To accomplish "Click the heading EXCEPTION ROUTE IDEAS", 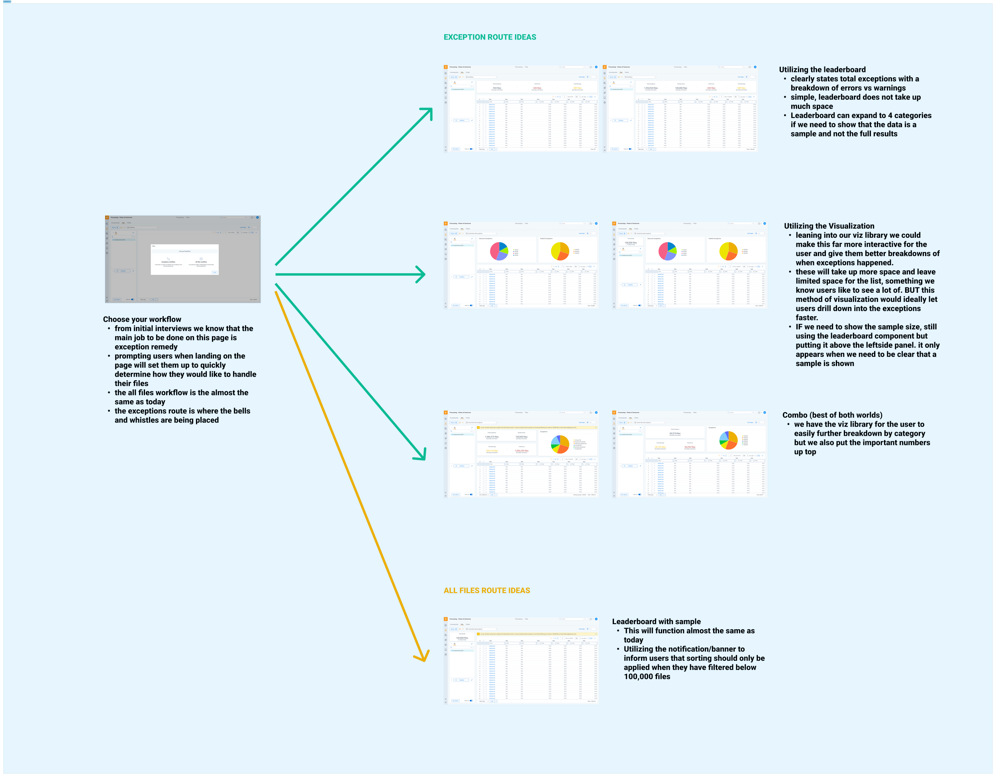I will click(x=490, y=37).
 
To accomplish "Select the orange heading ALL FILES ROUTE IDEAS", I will click(x=486, y=591).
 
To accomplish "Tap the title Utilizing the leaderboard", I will click(x=822, y=70).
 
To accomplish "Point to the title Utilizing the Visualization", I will click(x=829, y=226).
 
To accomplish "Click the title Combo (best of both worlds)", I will click(x=832, y=415).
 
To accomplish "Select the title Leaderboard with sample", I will click(x=656, y=622).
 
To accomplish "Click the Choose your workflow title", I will click(x=142, y=319).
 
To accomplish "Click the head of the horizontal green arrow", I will click(x=423, y=274).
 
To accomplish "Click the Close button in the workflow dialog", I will click(x=215, y=272).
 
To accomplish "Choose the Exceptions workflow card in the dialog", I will click(x=168, y=262).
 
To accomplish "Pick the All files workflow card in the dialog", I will click(x=201, y=262).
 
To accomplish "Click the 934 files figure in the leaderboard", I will click(x=497, y=88).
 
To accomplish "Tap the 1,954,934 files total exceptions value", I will click(x=651, y=88).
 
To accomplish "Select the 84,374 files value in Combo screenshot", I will click(x=675, y=433).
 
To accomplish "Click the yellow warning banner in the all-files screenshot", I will click(x=536, y=634).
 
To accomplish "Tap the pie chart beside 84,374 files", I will click(x=729, y=440).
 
